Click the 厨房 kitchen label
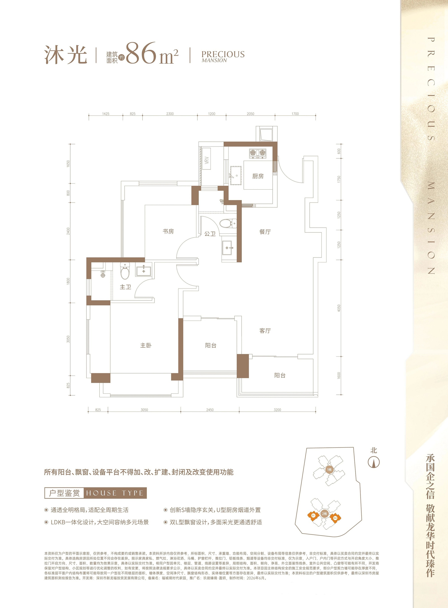[x=258, y=176]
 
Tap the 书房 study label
[x=168, y=231]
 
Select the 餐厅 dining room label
[x=265, y=232]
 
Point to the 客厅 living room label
[x=265, y=331]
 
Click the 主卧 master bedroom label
[x=146, y=345]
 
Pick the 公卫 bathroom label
[x=210, y=234]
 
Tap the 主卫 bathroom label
[x=125, y=287]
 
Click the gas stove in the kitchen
[x=257, y=153]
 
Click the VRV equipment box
[x=207, y=159]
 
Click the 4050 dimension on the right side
[x=339, y=308]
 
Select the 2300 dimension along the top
[x=170, y=114]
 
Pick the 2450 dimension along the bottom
[x=210, y=410]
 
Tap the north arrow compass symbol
[x=374, y=462]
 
